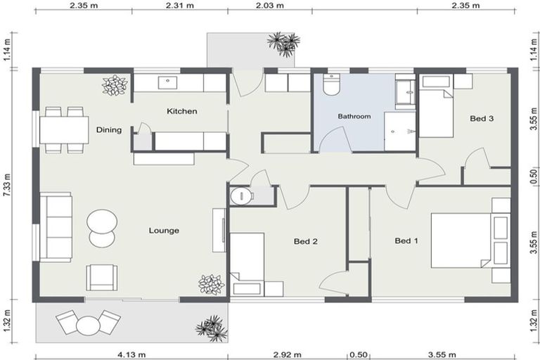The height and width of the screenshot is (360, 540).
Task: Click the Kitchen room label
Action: click(181, 111)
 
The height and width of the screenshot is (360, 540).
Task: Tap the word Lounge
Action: click(163, 230)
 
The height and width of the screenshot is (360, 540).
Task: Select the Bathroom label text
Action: click(354, 117)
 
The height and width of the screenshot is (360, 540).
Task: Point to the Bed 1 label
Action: click(406, 241)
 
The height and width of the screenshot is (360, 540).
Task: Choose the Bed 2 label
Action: click(306, 241)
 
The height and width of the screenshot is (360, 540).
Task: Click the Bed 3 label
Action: click(481, 118)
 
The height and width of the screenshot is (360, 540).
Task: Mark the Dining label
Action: click(109, 129)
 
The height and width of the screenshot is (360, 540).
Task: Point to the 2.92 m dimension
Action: click(288, 354)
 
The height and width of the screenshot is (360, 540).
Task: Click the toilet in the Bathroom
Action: click(330, 85)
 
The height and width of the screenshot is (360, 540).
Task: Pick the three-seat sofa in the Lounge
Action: click(56, 227)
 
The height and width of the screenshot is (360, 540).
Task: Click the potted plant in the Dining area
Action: click(115, 85)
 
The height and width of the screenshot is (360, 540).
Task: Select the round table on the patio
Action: click(89, 326)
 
